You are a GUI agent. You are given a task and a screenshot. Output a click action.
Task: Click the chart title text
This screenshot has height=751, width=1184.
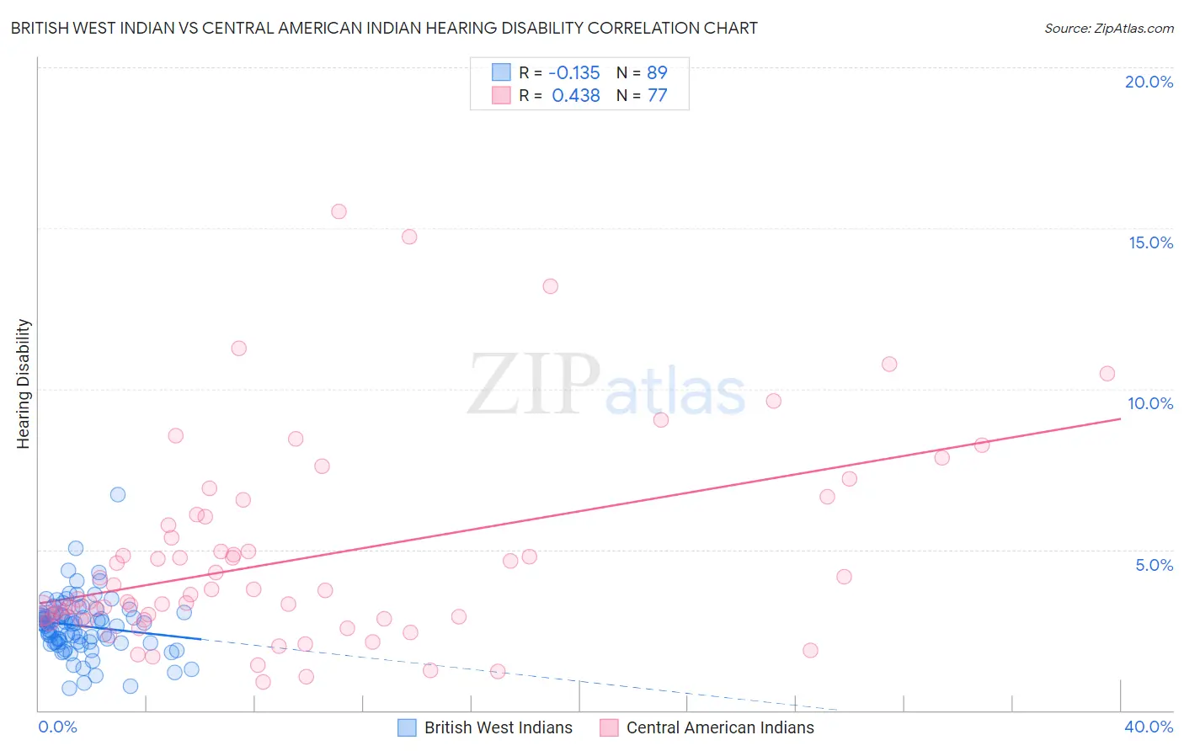pyautogui.click(x=384, y=28)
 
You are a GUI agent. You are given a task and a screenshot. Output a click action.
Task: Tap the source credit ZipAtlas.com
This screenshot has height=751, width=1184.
pyautogui.click(x=1108, y=28)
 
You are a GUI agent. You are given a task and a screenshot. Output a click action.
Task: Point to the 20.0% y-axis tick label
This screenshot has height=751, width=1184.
pyautogui.click(x=1149, y=82)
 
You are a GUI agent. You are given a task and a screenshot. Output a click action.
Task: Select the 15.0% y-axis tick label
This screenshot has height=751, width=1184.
pyautogui.click(x=1150, y=242)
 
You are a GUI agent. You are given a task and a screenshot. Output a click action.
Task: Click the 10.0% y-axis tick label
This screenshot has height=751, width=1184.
pyautogui.click(x=1150, y=403)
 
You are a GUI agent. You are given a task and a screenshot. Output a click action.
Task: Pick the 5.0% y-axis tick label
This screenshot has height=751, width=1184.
pyautogui.click(x=1154, y=565)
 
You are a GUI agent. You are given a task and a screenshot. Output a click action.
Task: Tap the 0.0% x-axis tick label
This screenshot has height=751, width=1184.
pyautogui.click(x=57, y=727)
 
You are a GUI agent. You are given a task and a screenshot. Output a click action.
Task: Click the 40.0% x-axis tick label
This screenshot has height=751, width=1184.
pyautogui.click(x=1149, y=727)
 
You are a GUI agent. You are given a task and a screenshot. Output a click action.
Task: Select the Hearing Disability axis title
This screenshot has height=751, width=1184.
pyautogui.click(x=23, y=383)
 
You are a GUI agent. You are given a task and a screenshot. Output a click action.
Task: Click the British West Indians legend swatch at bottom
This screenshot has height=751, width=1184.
pyautogui.click(x=407, y=727)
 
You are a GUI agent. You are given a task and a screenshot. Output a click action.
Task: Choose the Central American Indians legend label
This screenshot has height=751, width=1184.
pyautogui.click(x=720, y=727)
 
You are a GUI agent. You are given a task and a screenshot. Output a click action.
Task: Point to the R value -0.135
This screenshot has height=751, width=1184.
pyautogui.click(x=575, y=72)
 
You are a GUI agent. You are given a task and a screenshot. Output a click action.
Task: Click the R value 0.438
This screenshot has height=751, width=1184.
pyautogui.click(x=576, y=96)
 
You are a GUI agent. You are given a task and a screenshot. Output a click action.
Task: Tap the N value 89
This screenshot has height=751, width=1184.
pyautogui.click(x=657, y=72)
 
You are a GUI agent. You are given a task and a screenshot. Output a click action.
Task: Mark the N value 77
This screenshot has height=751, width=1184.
pyautogui.click(x=657, y=96)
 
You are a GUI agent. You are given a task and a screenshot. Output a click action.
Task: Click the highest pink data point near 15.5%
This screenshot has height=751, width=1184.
pyautogui.click(x=339, y=211)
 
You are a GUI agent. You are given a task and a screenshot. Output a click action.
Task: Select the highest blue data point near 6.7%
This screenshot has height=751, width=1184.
pyautogui.click(x=118, y=494)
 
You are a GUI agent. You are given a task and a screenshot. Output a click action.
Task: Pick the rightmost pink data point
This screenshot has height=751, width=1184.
pyautogui.click(x=1107, y=373)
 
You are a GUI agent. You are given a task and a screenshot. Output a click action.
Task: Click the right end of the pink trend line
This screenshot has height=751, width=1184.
pyautogui.click(x=1120, y=418)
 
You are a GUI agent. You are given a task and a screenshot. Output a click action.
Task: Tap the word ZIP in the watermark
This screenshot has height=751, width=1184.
pyautogui.click(x=534, y=385)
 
